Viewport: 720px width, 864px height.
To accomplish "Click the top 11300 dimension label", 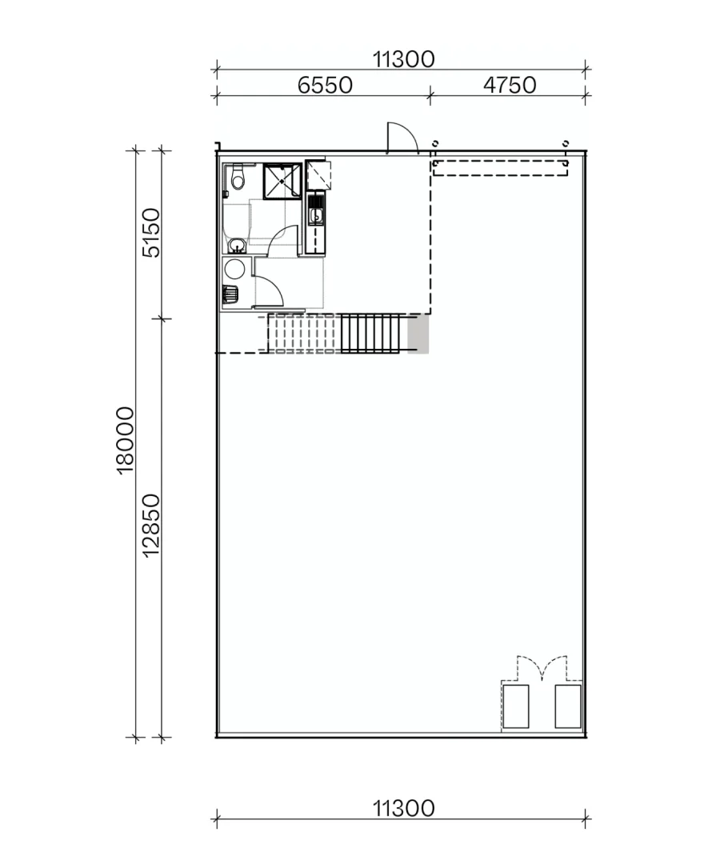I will (x=403, y=58).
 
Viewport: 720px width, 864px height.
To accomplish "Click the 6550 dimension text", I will (x=325, y=85).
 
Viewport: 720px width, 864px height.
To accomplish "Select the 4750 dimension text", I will (x=510, y=85).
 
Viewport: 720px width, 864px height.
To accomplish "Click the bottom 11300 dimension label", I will (x=403, y=808).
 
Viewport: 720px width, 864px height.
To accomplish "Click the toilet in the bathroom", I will (x=236, y=179).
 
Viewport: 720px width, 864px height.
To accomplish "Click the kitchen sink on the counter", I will (x=316, y=215).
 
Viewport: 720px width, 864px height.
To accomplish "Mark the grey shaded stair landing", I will (x=418, y=334).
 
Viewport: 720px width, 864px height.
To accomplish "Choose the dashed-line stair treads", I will (x=303, y=334).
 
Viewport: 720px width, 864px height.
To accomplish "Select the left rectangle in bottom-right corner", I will (x=515, y=706).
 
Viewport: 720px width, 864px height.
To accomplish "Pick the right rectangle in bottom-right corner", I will (x=568, y=706).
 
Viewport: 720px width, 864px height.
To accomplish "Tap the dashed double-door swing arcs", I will (x=542, y=668).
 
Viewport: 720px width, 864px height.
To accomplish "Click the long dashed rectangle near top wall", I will (x=500, y=168).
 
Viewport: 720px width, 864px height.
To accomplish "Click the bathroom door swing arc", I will (x=282, y=240).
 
